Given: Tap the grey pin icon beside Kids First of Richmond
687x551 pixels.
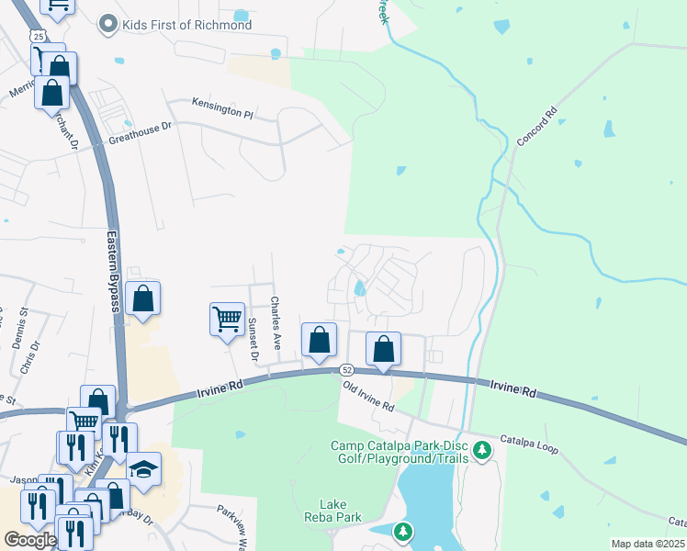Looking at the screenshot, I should click(108, 24).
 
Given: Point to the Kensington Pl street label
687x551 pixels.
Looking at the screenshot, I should click(221, 107).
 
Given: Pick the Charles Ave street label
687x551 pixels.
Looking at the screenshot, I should click(276, 321).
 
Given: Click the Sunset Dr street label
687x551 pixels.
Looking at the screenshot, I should click(253, 338).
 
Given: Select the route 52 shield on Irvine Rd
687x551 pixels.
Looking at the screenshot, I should click(345, 369).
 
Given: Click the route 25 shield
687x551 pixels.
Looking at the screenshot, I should click(36, 34).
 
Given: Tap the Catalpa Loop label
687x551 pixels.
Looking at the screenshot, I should click(528, 445).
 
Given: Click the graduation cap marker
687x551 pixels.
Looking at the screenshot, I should click(143, 469).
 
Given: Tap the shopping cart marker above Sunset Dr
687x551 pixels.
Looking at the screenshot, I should click(227, 320).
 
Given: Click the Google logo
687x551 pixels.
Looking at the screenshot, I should click(30, 539).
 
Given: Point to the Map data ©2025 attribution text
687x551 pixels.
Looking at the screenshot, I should click(648, 544).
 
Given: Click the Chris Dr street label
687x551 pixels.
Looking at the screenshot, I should click(30, 359).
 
